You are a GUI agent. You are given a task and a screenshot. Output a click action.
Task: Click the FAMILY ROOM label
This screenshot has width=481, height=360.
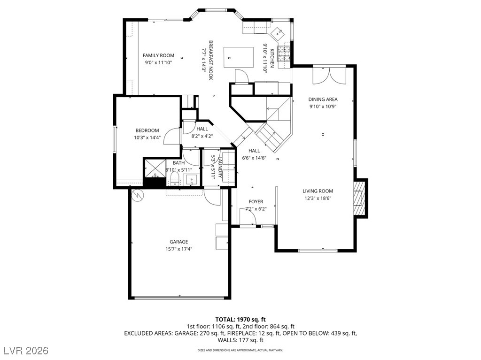pyautogui.click(x=158, y=55)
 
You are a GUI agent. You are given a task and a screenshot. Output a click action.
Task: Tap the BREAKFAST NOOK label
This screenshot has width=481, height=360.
pyautogui.click(x=211, y=60)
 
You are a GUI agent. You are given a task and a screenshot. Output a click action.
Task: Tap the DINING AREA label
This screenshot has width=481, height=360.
pyautogui.click(x=323, y=100)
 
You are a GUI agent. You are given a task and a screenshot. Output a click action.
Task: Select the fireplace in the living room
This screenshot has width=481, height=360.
pyautogui.click(x=359, y=198)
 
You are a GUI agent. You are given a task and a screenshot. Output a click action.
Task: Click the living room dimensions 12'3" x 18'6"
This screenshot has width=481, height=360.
pyautogui.click(x=318, y=198)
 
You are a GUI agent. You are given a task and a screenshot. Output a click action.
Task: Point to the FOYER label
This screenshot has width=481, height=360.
pyautogui.click(x=256, y=202)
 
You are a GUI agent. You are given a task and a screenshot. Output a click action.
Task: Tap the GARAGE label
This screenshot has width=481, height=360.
pyautogui.click(x=178, y=242)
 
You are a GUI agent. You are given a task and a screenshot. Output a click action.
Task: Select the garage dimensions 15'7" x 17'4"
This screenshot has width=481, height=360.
pyautogui.click(x=178, y=249)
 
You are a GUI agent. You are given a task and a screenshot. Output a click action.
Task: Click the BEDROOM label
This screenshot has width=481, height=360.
pyautogui.click(x=147, y=130)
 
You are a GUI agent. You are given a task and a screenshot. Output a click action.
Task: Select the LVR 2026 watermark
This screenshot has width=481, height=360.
pyautogui.click(x=28, y=351)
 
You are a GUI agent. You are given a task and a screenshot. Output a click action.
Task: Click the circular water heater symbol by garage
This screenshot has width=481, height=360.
pyautogui.click(x=138, y=195)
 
